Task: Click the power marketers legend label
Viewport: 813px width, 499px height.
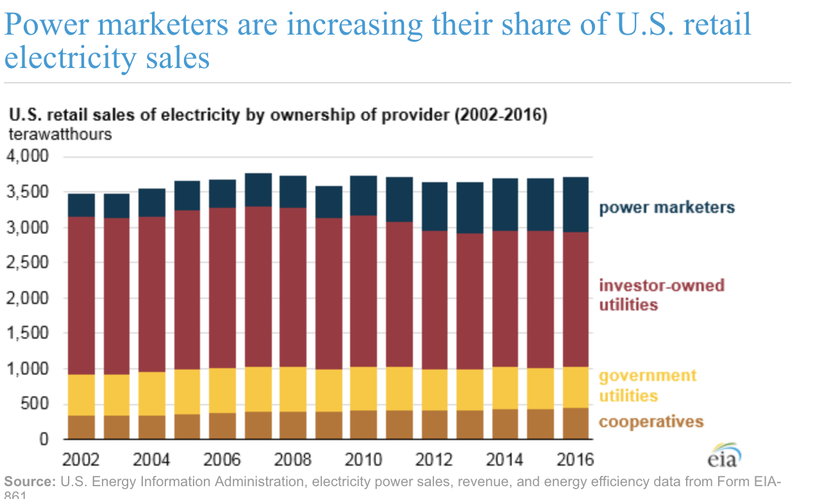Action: point(667,208)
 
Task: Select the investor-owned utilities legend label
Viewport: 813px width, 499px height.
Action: point(661,294)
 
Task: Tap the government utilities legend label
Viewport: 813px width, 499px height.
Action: point(648,385)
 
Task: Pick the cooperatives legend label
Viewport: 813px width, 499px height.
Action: point(651,421)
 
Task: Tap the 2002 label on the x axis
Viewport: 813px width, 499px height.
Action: point(81,459)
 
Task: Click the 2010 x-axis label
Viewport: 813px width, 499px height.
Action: point(364,459)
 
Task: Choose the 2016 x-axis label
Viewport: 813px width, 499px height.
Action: point(574,459)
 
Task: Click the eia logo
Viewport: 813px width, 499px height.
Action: point(724,457)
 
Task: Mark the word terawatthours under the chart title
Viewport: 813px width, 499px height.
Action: point(60,135)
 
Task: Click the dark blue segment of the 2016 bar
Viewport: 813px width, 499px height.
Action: point(575,205)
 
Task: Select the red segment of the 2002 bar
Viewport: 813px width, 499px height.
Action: point(81,295)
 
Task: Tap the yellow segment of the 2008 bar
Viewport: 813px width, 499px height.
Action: point(293,389)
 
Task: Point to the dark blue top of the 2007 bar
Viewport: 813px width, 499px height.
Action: point(258,190)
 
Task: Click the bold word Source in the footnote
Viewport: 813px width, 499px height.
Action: point(29,482)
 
